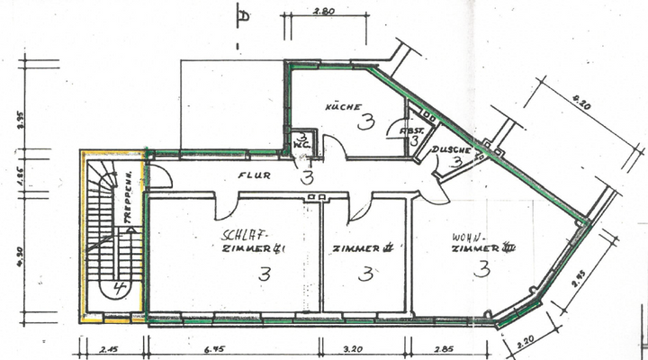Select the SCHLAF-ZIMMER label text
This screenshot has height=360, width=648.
pos(254,240)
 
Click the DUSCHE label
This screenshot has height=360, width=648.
pos(448,149)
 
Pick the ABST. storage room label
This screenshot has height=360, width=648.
pos(412,130)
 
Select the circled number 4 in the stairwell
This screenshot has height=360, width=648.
pos(119,289)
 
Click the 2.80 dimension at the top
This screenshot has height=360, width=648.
pos(324,12)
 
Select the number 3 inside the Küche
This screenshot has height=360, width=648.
pos(364,122)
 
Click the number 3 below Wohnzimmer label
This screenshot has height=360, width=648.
pos(483,268)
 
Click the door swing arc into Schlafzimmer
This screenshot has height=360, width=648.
pos(222,209)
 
